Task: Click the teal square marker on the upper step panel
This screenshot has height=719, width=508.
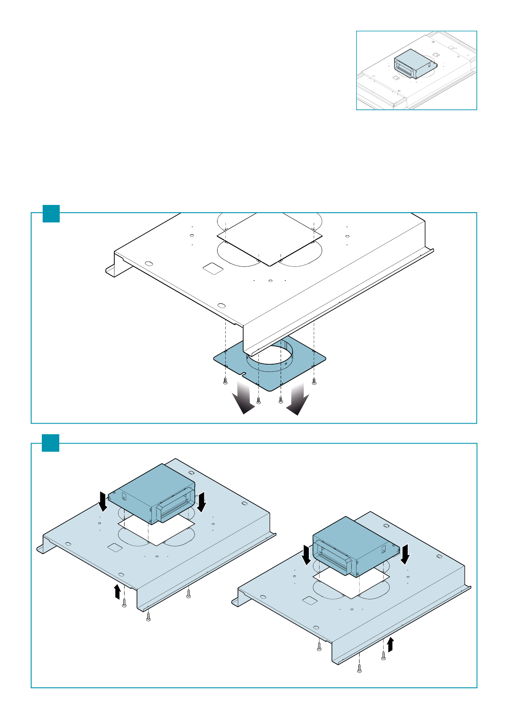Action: point(51,213)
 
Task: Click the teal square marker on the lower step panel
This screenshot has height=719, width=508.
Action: point(51,443)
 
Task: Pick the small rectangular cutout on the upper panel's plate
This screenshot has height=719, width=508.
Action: point(212,268)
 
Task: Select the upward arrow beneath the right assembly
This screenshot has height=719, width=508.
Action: point(390,645)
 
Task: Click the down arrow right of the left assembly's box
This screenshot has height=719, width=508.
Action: point(202,502)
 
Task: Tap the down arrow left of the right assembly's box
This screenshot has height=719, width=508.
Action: point(306,554)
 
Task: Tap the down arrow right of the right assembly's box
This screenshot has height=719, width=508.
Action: point(405,554)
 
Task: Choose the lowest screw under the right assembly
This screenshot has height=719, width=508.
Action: point(360,669)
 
